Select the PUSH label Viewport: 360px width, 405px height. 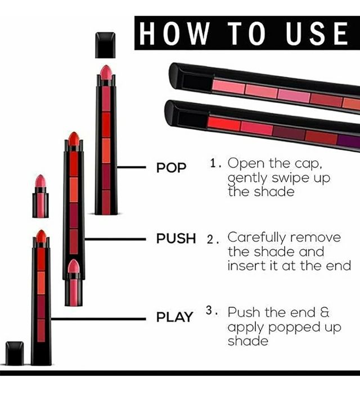[x=175, y=238]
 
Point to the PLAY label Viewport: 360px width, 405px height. [x=174, y=317]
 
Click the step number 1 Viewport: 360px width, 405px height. [x=214, y=164]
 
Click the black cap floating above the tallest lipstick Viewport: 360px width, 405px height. [x=105, y=43]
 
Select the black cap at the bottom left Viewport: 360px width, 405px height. [x=15, y=352]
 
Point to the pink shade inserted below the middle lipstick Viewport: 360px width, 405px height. [x=73, y=282]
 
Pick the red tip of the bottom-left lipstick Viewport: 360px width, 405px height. [x=40, y=236]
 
